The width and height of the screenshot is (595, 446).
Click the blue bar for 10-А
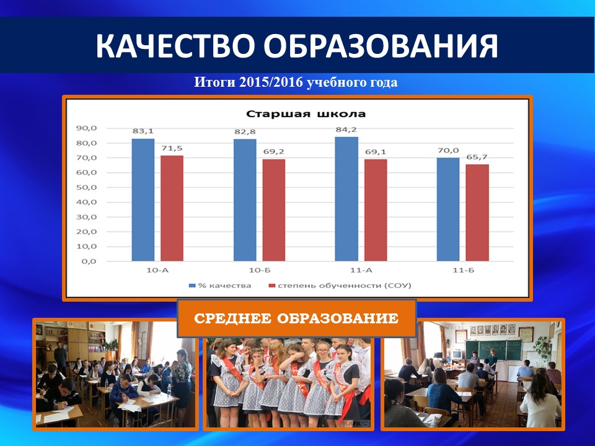pyautogui.click(x=143, y=200)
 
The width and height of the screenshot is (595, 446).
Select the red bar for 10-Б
pyautogui.click(x=273, y=210)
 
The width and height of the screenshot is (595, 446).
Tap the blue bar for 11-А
pyautogui.click(x=346, y=199)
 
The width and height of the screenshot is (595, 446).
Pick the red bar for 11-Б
pyautogui.click(x=477, y=212)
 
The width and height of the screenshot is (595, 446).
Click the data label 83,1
pyautogui.click(x=143, y=131)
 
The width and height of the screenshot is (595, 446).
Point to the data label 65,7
pyautogui.click(x=477, y=157)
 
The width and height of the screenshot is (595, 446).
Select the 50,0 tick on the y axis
pyautogui.click(x=87, y=187)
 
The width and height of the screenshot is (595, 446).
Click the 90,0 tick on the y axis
pyautogui.click(x=87, y=128)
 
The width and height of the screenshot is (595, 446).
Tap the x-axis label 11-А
pyautogui.click(x=361, y=271)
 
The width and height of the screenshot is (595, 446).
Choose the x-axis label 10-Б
pyautogui.click(x=260, y=271)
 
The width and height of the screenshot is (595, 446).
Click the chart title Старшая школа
pyautogui.click(x=306, y=114)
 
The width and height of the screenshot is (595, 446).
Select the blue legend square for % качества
pyautogui.click(x=192, y=285)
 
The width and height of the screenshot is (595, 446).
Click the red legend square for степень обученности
pyautogui.click(x=271, y=285)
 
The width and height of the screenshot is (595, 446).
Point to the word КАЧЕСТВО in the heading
pyautogui.click(x=175, y=46)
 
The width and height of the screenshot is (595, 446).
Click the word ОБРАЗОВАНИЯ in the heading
pyautogui.click(x=381, y=46)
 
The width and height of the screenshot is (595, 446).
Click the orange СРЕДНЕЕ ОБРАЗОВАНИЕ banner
pyautogui.click(x=297, y=318)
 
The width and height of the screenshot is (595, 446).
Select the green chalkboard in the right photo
pyautogui.click(x=493, y=349)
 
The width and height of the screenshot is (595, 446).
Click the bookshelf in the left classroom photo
pyautogui.click(x=97, y=341)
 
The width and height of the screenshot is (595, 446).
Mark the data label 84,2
pyautogui.click(x=346, y=129)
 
